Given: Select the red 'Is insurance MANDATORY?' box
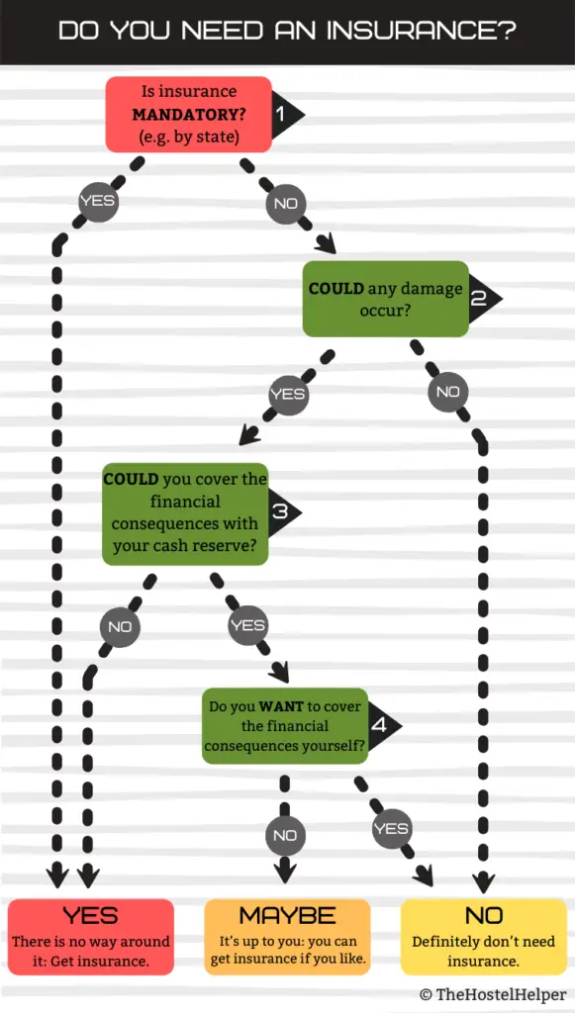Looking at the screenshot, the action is pyautogui.click(x=189, y=115).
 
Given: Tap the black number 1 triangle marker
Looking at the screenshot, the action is pyautogui.click(x=287, y=115).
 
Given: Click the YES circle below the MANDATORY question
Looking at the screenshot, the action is pyautogui.click(x=98, y=201).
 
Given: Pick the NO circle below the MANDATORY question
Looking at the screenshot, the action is pyautogui.click(x=286, y=204).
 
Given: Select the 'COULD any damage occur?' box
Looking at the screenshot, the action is pyautogui.click(x=386, y=299).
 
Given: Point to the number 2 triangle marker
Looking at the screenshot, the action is pyautogui.click(x=485, y=299).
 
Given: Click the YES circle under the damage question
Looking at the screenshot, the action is pyautogui.click(x=287, y=394).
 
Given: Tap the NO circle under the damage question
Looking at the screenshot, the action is pyautogui.click(x=447, y=392).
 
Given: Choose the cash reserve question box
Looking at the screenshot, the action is pyautogui.click(x=185, y=513).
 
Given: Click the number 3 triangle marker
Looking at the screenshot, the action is pyautogui.click(x=284, y=513).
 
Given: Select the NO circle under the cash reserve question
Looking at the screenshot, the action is pyautogui.click(x=120, y=626).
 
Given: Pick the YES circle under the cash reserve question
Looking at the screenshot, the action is pyautogui.click(x=248, y=625).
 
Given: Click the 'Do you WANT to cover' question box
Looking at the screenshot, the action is pyautogui.click(x=286, y=725).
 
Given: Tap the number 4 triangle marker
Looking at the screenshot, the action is pyautogui.click(x=385, y=725).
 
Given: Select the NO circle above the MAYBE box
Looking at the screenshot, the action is pyautogui.click(x=284, y=835).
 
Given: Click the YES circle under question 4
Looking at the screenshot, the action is pyautogui.click(x=392, y=829).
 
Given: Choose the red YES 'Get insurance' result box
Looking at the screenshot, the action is pyautogui.click(x=91, y=937).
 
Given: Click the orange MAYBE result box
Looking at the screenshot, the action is pyautogui.click(x=287, y=937).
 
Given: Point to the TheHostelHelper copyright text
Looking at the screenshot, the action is pyautogui.click(x=493, y=995).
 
